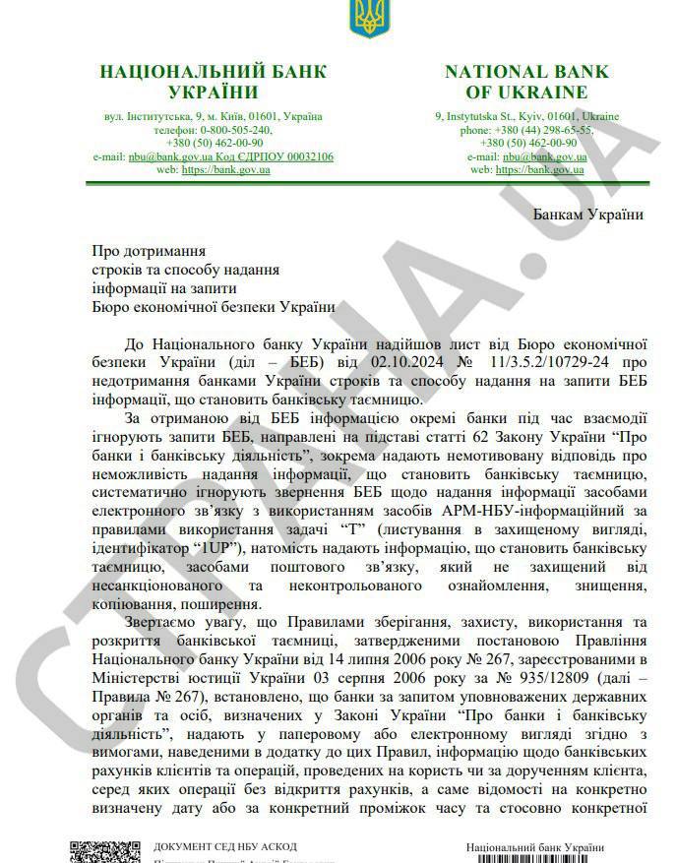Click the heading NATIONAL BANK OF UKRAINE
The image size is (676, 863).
pyautogui.click(x=526, y=82)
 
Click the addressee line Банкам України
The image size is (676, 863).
pyautogui.click(x=588, y=216)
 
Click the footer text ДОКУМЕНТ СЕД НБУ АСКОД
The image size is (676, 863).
pyautogui.click(x=225, y=847)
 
